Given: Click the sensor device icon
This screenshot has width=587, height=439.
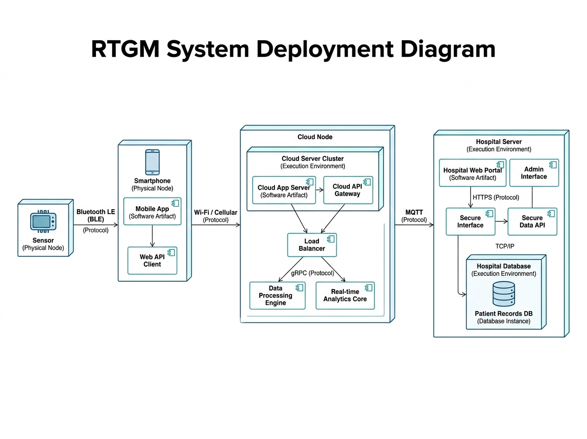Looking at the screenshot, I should tap(43, 221).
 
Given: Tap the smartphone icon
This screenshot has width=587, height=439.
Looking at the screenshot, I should tap(153, 162).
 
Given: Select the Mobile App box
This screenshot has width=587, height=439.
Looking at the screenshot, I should tap(152, 212).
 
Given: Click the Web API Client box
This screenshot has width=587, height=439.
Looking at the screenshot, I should tap(152, 260).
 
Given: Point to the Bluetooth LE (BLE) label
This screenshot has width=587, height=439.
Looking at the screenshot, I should tap(96, 216).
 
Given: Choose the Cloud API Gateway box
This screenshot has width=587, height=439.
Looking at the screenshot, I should tap(348, 190).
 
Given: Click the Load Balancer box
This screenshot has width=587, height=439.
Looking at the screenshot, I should tap(312, 244).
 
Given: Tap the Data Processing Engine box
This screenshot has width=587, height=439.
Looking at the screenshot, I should tap(277, 295).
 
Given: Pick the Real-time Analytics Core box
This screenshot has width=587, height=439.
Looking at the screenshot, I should tap(345, 295).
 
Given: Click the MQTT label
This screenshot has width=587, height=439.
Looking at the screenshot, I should tap(414, 212).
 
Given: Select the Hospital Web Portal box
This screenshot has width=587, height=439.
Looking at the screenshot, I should tap(472, 173).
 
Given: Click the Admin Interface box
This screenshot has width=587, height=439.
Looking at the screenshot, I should tap(534, 172).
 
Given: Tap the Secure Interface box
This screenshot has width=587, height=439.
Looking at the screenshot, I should tap(470, 221).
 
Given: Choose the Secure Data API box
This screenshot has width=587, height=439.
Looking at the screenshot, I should tap(532, 221).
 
